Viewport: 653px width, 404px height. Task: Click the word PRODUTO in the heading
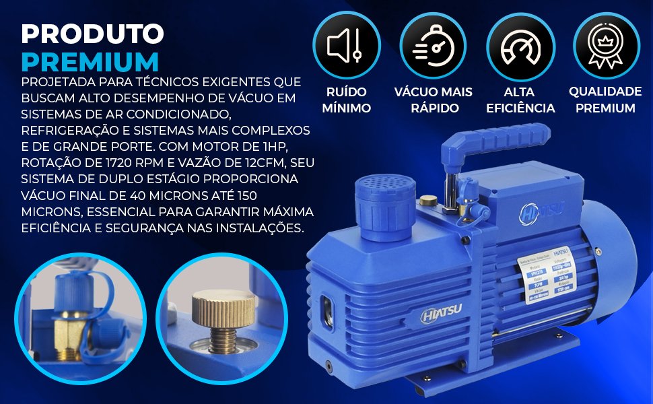pos(93,34)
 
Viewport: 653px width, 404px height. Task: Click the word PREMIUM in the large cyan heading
pos(90,61)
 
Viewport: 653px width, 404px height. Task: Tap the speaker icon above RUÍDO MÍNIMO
pos(345,45)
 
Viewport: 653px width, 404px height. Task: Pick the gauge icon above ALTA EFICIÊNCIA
pos(519,45)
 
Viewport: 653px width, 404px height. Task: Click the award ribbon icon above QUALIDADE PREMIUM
pos(605,45)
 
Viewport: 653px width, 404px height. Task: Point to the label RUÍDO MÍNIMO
pos(346,100)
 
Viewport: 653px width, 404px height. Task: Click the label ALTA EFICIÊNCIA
pos(519,100)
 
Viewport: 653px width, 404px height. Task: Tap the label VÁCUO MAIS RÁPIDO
pos(433,100)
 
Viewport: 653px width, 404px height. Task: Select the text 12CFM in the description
pos(279,163)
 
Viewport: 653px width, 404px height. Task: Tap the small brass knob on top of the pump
pos(427,200)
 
